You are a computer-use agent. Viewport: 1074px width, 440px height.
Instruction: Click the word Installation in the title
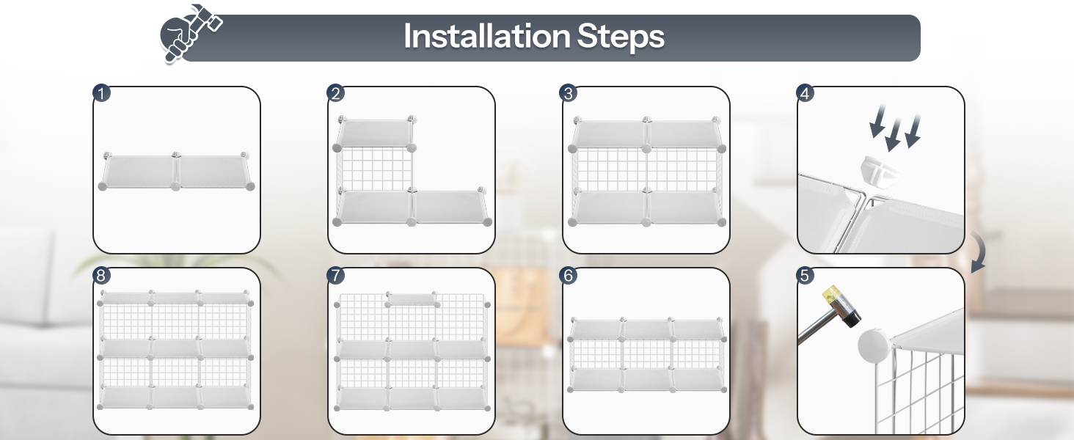coord(486,36)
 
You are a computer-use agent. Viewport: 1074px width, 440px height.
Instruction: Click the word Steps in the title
coord(621,37)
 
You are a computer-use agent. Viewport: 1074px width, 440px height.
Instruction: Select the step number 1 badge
coord(101,93)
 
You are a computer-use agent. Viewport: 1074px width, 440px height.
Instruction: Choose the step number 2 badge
coord(336,93)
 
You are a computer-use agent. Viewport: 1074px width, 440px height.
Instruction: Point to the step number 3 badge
coord(568,93)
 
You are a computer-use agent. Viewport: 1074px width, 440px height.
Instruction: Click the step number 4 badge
coord(805,93)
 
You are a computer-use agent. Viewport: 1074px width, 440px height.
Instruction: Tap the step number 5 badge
coord(805,275)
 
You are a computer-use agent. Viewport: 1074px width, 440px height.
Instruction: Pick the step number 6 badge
coord(568,275)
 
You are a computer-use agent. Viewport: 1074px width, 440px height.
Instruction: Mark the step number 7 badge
coord(336,275)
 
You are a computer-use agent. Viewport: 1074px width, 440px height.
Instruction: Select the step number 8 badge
coord(101,275)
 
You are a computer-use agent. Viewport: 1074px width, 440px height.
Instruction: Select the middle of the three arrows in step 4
coord(895,133)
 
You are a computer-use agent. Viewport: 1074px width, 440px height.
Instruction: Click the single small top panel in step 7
coord(412,299)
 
